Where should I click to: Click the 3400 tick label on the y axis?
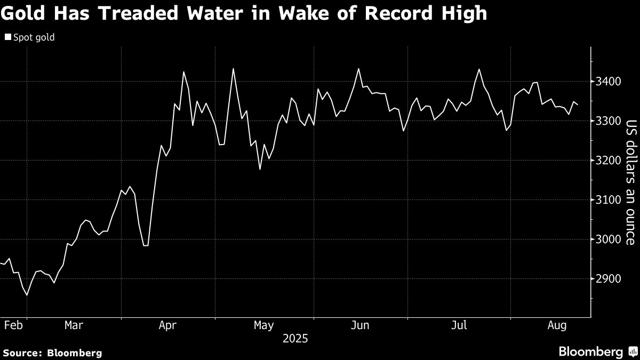click(609, 82)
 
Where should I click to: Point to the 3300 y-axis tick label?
click(609, 121)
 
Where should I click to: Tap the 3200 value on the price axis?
click(609, 161)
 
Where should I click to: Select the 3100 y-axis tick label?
click(609, 200)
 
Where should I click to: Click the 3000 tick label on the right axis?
click(609, 239)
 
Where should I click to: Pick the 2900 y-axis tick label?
click(609, 279)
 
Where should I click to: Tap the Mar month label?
click(73, 325)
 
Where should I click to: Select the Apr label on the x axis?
click(168, 325)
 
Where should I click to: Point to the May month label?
click(264, 325)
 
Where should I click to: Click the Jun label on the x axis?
click(361, 325)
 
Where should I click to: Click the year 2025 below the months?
click(295, 338)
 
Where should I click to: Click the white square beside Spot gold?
click(8, 37)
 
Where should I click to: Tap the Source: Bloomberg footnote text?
click(52, 353)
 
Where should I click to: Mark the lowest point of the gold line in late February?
click(27, 295)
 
